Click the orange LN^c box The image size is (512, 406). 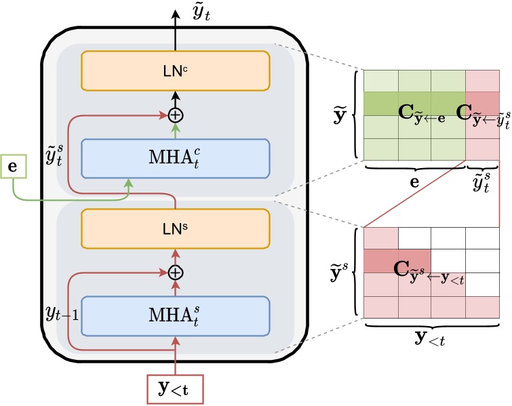click(x=176, y=70)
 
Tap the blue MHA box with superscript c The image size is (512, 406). click(x=176, y=159)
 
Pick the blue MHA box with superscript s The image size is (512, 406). click(x=176, y=315)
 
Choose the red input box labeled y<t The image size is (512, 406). click(x=176, y=388)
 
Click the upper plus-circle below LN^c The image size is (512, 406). click(x=176, y=115)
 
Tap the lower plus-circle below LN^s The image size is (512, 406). click(x=176, y=272)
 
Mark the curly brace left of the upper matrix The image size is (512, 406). click(x=355, y=114)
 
